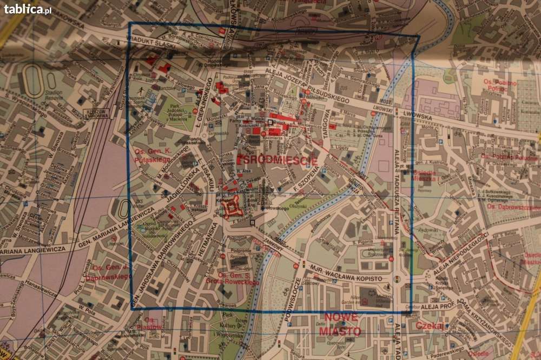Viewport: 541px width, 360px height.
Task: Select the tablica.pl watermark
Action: (x=28, y=9)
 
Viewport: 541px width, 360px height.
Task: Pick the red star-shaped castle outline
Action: (x=233, y=206)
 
